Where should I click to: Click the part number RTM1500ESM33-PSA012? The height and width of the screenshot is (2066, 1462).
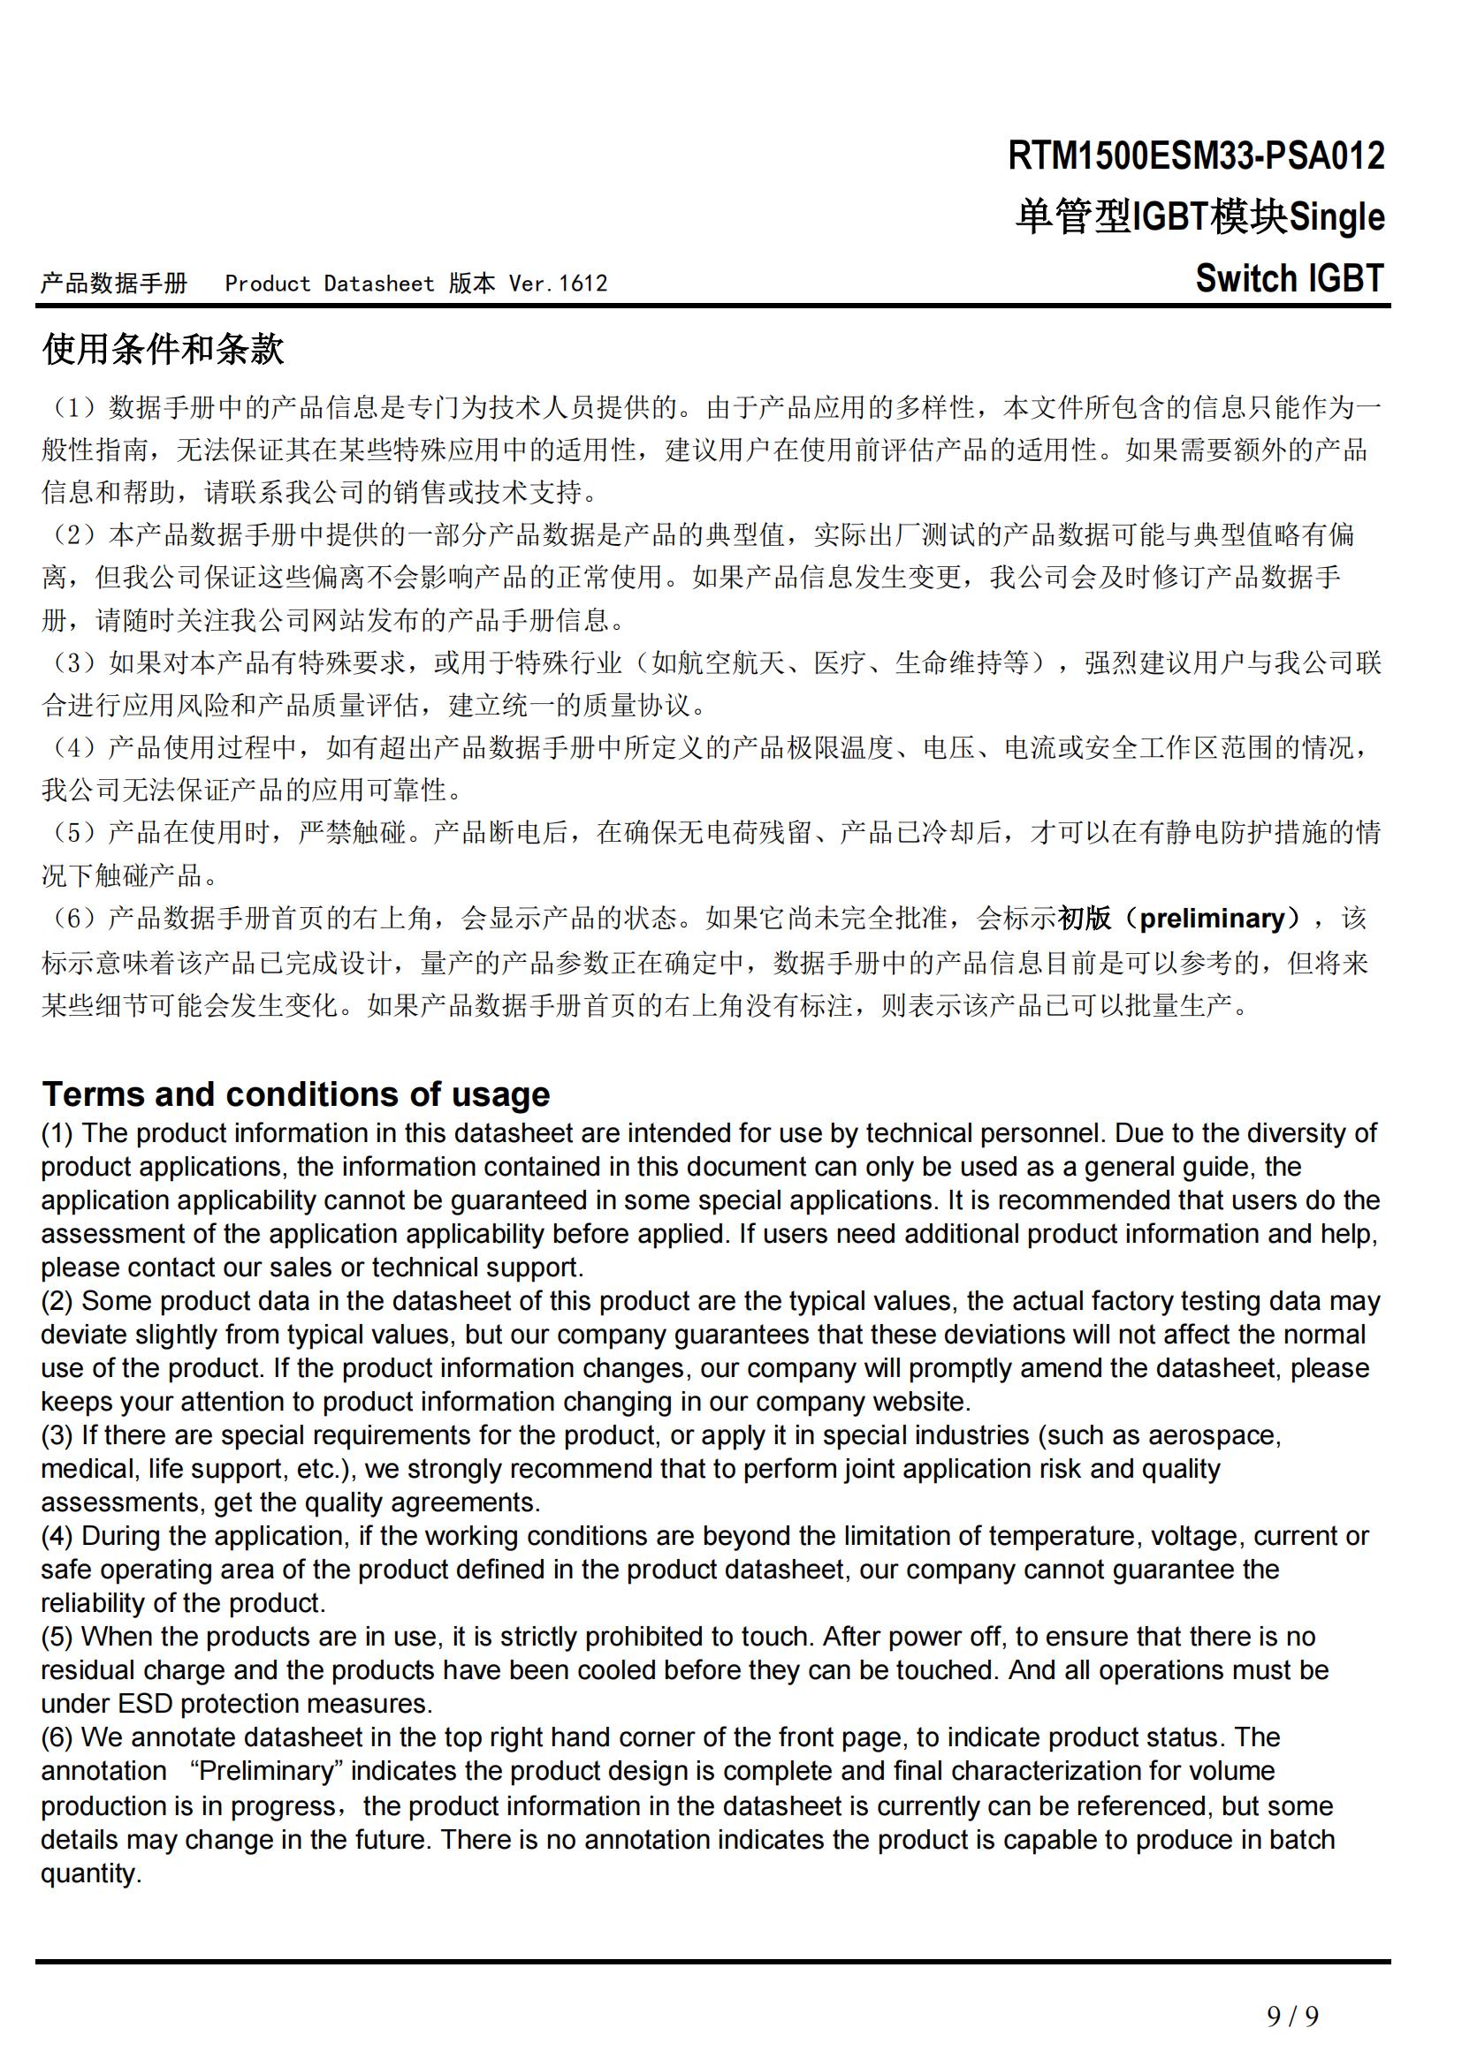(x=1196, y=156)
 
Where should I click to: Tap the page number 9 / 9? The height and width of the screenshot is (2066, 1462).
(x=1293, y=2016)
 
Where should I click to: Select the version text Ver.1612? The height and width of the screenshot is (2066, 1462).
(x=558, y=284)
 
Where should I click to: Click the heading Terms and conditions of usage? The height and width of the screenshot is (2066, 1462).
(x=295, y=1094)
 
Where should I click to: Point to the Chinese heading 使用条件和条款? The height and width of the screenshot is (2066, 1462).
(x=163, y=349)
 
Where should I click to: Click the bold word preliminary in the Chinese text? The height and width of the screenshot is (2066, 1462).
(x=1212, y=918)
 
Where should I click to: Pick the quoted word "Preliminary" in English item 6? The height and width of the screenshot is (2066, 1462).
(x=267, y=1771)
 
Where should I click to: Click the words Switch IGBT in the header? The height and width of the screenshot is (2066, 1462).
(x=1289, y=279)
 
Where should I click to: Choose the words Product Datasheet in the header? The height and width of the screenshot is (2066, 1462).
(x=330, y=284)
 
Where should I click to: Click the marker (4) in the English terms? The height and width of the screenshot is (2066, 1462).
(x=57, y=1536)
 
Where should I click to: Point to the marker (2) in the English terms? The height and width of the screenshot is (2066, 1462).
(x=57, y=1301)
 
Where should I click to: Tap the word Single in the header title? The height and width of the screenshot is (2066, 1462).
(x=1336, y=217)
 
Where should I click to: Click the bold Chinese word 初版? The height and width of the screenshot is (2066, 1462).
(x=1084, y=918)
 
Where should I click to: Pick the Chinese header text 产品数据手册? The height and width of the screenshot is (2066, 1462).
(x=114, y=284)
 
